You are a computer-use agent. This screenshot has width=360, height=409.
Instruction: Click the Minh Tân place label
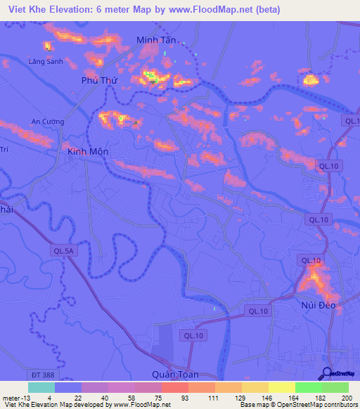[x=155, y=40]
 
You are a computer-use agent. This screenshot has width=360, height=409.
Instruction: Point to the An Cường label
[x=48, y=122]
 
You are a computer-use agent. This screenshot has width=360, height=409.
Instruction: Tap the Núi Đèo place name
[x=316, y=306]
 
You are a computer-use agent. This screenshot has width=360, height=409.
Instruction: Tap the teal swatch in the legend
[x=41, y=387]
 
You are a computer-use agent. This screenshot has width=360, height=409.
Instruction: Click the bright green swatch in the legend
[x=309, y=387]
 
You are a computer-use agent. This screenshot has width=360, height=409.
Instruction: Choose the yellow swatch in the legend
[x=282, y=387]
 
